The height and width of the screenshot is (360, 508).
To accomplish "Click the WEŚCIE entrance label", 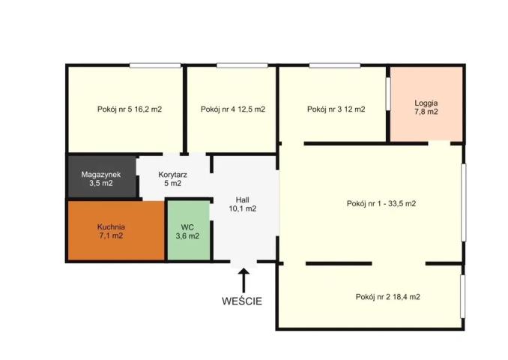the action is tap(242, 301).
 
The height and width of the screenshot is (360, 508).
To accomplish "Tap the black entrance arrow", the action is tap(244, 280).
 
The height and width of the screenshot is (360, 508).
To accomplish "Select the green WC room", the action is tap(188, 230).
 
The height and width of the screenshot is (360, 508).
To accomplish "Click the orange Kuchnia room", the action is tap(116, 230).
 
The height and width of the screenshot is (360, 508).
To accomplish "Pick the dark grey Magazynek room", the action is tap(102, 176).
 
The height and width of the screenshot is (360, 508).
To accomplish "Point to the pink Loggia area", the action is tap(426, 104).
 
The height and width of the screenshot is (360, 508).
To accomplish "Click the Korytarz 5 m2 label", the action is tap(172, 179).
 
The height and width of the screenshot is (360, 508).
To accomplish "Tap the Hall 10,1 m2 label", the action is tap(243, 204).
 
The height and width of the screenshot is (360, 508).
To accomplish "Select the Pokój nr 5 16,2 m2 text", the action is tap(130, 109).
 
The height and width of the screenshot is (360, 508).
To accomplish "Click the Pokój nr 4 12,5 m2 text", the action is tap(233, 109).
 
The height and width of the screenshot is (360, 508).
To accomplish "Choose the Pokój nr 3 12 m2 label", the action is tap(336, 109).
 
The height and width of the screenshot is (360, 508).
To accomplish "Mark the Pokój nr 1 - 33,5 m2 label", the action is tap(381, 204).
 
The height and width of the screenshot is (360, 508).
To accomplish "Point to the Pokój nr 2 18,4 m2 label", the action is tap(388, 297).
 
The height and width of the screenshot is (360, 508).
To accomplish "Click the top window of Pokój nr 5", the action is tap(155, 65).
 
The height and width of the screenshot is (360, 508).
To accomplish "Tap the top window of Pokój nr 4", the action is tap(242, 65).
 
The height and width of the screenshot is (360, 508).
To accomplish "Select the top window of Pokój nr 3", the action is tap(335, 65).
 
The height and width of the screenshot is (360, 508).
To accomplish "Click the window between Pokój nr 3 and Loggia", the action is tap(388, 94).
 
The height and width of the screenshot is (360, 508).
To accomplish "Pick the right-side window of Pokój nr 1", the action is tap(464, 202).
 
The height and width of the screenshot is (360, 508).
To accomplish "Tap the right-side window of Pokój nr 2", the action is tap(463, 296).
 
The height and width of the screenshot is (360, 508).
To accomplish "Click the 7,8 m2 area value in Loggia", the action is tap(426, 112).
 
